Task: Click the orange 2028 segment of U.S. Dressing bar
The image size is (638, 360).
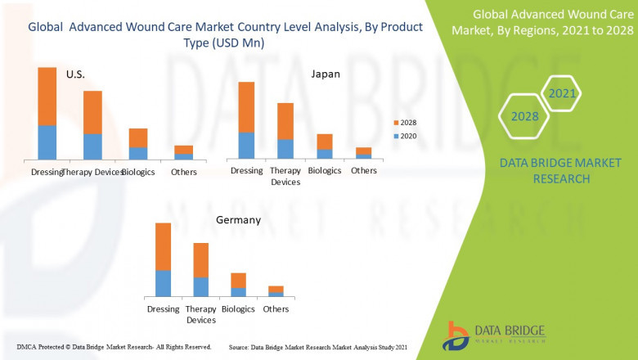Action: click(47, 96)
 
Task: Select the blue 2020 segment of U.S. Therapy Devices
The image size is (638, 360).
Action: click(92, 146)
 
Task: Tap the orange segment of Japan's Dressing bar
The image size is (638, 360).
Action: click(246, 106)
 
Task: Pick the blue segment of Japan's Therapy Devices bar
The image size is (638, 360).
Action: click(285, 148)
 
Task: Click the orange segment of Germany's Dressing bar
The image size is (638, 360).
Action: click(164, 246)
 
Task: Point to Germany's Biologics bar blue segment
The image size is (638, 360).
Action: click(238, 291)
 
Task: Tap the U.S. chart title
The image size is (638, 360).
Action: click(75, 74)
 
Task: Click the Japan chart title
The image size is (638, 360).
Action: click(325, 74)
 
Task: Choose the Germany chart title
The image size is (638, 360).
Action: click(238, 220)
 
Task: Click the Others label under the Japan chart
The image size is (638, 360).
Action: click(364, 171)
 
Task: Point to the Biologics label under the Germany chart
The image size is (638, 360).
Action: click(238, 309)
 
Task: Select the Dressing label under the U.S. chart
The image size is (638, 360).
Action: click(47, 173)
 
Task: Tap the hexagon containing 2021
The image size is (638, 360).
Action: click(562, 93)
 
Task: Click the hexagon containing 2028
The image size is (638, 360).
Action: click(524, 116)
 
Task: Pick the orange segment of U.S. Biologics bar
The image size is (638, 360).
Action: click(138, 137)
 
